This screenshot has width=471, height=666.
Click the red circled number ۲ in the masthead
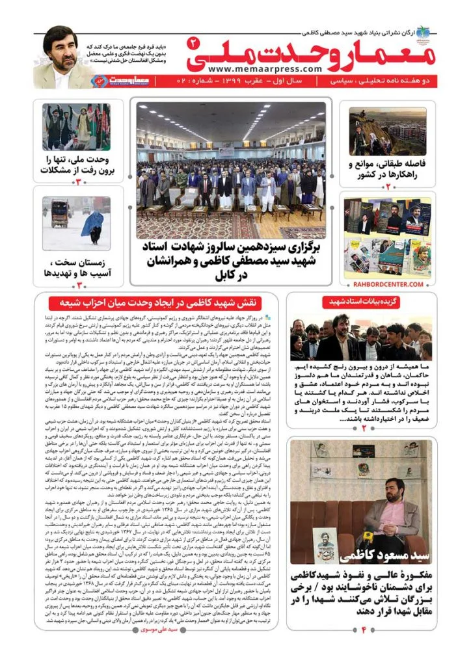click(193, 42)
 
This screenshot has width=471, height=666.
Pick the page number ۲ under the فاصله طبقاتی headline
click(387, 187)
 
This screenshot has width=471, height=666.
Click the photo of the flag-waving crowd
click(76, 127)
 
